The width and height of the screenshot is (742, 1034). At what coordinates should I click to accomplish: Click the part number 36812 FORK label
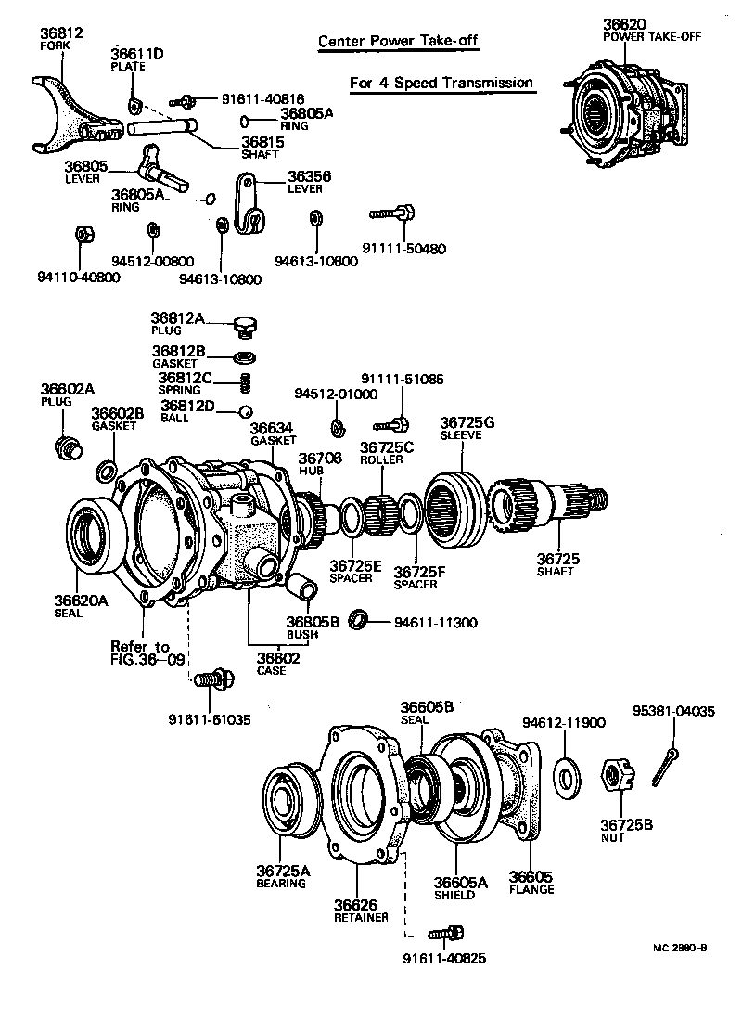pos(61,38)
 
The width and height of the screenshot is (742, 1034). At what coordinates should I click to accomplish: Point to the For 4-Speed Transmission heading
pos(441,83)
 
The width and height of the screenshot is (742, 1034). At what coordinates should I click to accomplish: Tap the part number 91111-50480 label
pos(403,249)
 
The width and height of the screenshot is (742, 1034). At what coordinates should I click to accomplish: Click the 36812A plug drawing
pos(244,325)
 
